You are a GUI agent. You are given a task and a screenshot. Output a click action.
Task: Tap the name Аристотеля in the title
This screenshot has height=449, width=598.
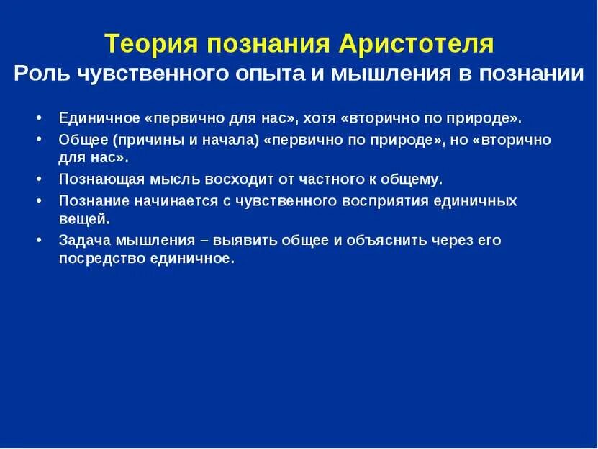point(416,45)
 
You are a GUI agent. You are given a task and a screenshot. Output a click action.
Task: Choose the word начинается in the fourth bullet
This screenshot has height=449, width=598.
point(168,201)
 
